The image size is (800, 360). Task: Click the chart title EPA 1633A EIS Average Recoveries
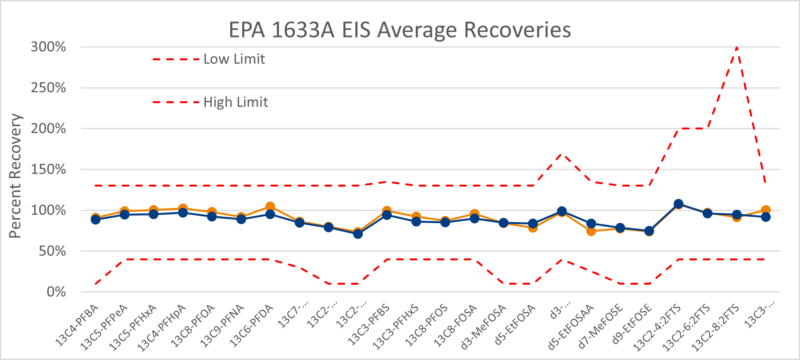coord(400,30)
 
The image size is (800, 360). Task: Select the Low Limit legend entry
coord(234,59)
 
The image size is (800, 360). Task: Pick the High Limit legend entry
coord(235,102)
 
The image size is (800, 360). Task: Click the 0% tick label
coord(56,292)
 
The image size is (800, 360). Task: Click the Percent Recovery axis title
coord(15,176)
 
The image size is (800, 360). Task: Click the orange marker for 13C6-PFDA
coord(270,207)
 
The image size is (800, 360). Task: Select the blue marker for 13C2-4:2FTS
coord(678,204)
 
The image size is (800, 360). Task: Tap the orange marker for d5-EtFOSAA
coord(591,231)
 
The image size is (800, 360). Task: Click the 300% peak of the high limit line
coord(737,48)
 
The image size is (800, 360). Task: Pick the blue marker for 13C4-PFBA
coord(95,219)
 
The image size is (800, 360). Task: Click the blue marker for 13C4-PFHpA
coord(183,213)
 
